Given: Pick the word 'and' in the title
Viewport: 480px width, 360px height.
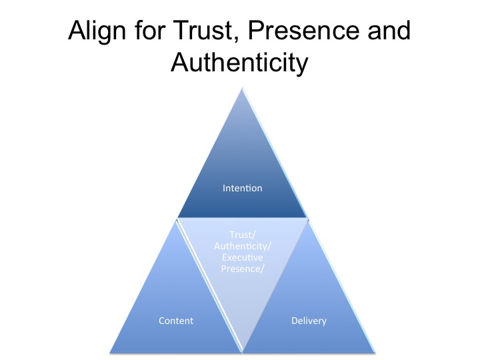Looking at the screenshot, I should point(387,33).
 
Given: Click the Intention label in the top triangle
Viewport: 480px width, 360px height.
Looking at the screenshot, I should point(242,188).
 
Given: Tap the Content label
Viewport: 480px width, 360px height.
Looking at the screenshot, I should point(176,321).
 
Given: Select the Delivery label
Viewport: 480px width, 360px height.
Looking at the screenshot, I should point(309,321).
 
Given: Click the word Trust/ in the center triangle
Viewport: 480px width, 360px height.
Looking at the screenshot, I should point(242,235).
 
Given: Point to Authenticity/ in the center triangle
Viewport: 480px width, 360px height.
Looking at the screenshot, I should point(242,246).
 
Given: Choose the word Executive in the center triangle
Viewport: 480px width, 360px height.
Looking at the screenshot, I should point(242,257).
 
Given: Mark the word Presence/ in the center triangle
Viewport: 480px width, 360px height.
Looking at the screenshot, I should point(242,268).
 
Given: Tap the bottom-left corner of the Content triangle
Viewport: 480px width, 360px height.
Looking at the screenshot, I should point(110,351).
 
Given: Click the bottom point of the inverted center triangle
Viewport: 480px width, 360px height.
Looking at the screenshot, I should point(243,350).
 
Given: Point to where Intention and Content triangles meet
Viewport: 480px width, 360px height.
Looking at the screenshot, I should point(177,219).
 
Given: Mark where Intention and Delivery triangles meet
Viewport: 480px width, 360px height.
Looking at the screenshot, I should point(308,219).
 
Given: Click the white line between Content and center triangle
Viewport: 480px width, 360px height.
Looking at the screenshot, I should point(209,285).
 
